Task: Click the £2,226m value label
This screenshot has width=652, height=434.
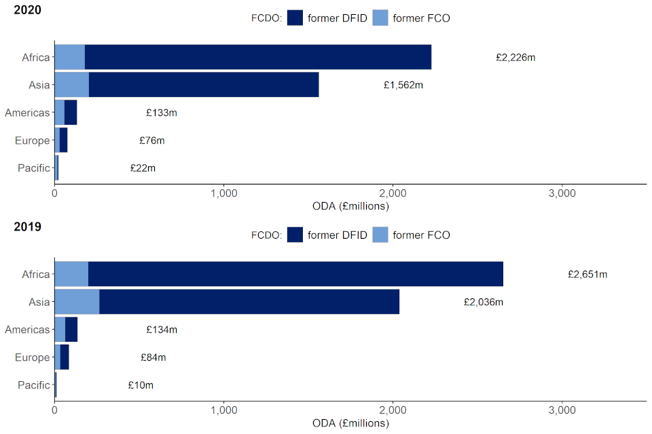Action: click(x=515, y=58)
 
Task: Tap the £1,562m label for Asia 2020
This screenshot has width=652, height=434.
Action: click(x=403, y=85)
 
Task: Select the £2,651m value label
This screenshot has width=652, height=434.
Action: click(x=587, y=275)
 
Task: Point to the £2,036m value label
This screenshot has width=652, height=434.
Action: click(x=483, y=302)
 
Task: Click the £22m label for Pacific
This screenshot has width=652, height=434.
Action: click(x=142, y=168)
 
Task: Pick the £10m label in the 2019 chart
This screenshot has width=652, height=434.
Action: click(x=141, y=385)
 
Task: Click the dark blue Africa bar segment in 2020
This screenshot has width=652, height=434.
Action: click(x=258, y=58)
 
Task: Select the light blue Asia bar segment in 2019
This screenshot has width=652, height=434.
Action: click(x=77, y=302)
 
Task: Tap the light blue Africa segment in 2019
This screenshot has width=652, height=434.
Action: click(x=71, y=274)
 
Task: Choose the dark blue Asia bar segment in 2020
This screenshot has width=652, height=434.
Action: click(x=204, y=85)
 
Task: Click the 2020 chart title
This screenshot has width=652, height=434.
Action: click(x=27, y=10)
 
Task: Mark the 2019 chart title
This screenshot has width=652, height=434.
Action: click(x=27, y=227)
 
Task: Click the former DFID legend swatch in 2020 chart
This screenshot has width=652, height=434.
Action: click(x=295, y=18)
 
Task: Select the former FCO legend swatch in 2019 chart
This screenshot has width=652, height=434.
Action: click(x=380, y=235)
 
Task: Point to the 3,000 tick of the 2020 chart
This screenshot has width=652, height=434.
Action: click(x=562, y=193)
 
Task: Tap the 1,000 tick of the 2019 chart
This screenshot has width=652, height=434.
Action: click(x=223, y=410)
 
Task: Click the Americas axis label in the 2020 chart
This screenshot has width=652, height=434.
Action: click(x=27, y=113)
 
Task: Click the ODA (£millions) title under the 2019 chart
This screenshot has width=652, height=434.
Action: click(x=350, y=423)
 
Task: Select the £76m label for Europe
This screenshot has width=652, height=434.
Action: click(x=152, y=140)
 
